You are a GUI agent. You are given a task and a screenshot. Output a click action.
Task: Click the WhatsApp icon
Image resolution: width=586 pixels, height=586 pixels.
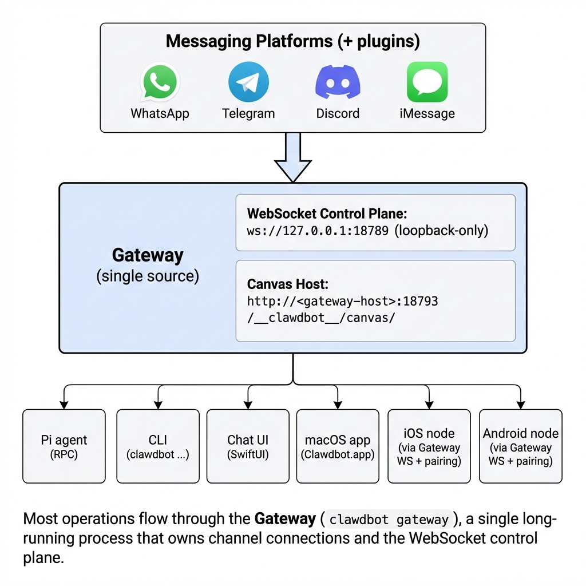160,83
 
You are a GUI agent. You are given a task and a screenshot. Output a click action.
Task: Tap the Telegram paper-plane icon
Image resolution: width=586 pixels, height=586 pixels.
248,82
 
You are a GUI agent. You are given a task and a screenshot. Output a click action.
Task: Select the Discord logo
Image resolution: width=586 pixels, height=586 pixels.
338,83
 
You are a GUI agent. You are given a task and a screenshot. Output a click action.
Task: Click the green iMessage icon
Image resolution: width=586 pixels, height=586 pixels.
427,82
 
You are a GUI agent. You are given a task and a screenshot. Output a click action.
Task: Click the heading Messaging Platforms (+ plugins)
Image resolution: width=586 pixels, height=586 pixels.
292,42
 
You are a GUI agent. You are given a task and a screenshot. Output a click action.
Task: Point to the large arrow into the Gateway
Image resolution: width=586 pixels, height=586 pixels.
293,157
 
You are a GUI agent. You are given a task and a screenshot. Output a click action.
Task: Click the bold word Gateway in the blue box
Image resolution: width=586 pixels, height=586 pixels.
148,255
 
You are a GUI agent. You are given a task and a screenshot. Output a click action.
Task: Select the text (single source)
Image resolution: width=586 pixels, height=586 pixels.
148,276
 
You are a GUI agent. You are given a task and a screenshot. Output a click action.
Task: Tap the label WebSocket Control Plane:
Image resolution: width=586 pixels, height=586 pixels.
327,213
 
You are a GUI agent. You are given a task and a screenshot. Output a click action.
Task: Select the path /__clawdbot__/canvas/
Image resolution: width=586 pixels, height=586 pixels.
321,318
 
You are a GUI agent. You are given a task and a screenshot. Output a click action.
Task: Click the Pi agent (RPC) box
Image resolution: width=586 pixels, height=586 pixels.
64,446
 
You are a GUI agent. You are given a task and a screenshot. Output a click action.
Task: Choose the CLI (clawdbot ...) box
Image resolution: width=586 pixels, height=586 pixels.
158,446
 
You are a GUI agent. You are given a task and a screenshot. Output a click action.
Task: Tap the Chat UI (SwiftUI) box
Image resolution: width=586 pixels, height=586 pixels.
248,446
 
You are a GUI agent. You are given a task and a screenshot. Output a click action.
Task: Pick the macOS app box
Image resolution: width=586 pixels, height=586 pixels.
338,446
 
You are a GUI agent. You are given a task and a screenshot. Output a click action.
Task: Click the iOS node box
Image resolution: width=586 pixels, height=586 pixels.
429,446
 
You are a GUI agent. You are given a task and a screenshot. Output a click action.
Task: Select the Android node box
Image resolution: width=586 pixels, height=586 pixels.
520,446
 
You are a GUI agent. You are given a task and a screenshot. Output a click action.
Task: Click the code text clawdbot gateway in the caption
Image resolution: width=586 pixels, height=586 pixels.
389,520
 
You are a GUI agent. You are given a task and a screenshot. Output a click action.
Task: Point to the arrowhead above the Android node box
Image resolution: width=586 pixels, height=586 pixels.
520,405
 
